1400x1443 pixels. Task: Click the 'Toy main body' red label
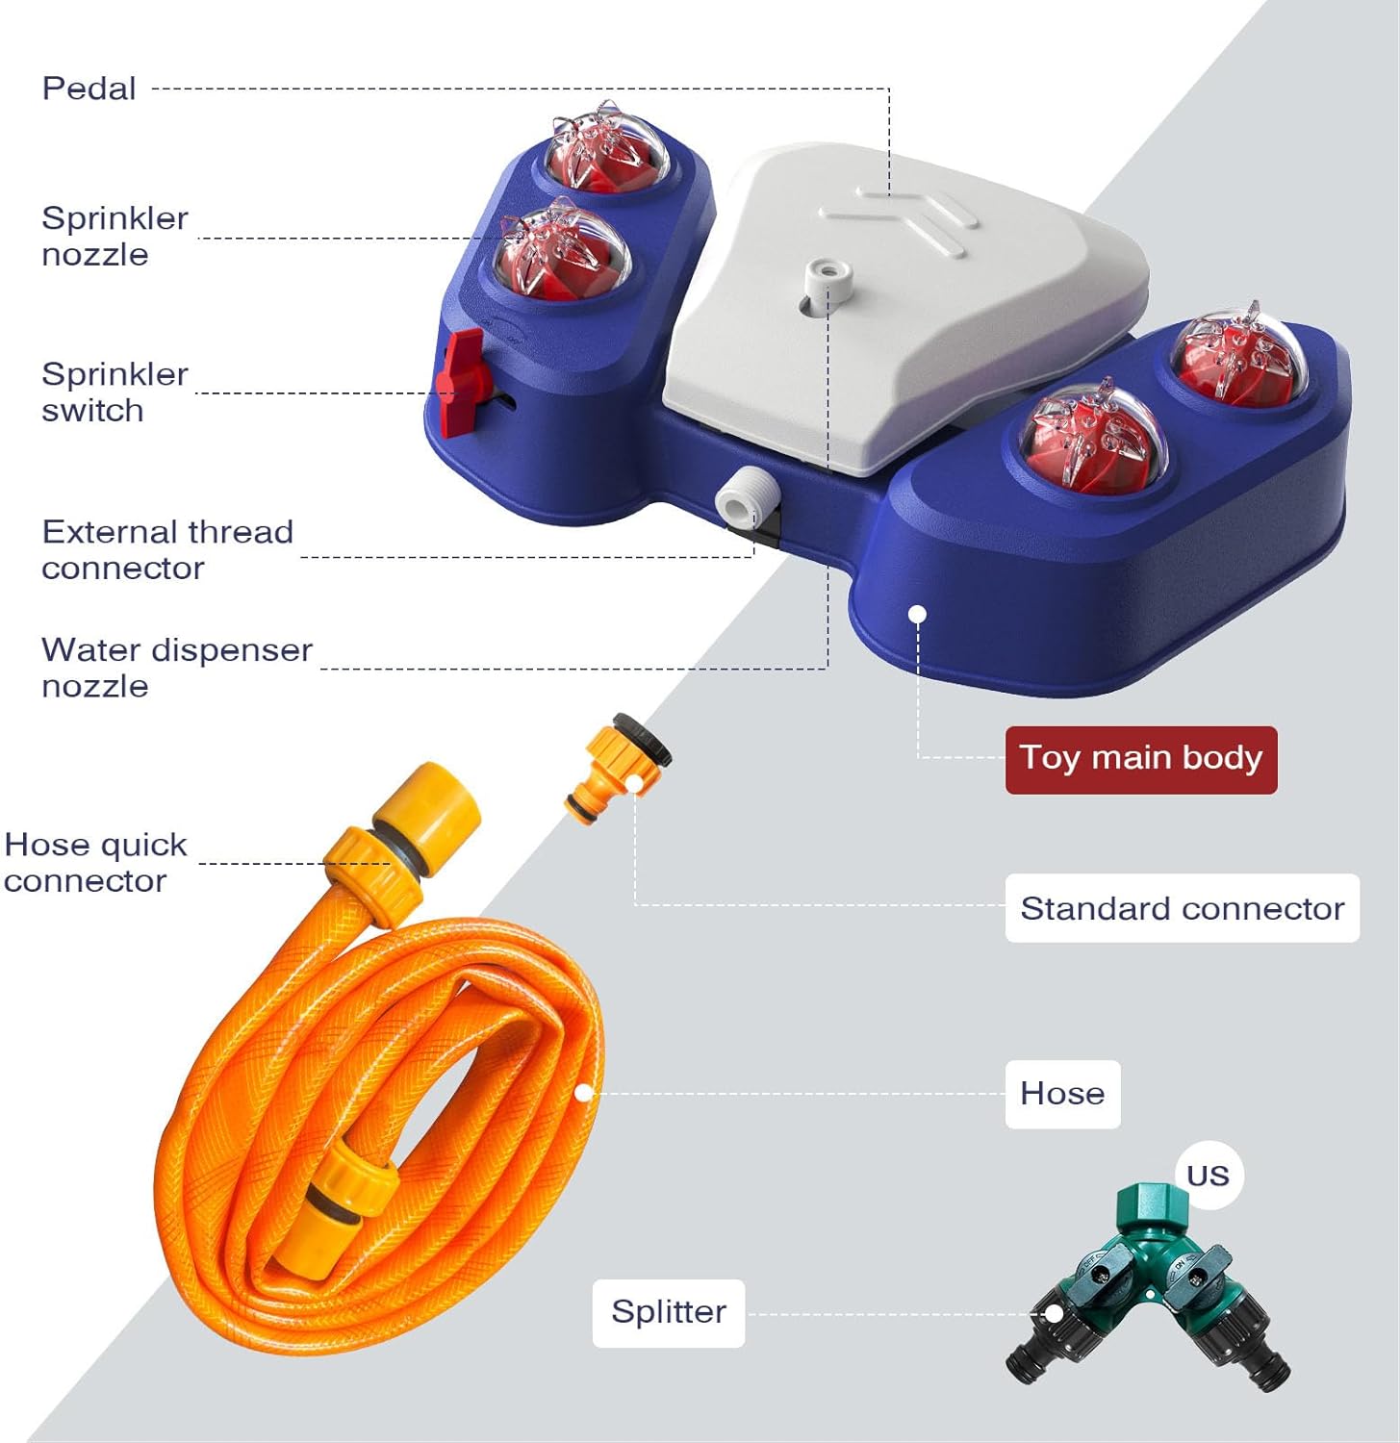click(1140, 759)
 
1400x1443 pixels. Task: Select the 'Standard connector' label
click(1182, 908)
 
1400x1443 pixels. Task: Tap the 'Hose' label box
click(1062, 1094)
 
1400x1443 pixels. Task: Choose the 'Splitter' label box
click(669, 1312)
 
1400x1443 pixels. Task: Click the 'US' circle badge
click(1208, 1175)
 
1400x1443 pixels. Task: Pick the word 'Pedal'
click(89, 89)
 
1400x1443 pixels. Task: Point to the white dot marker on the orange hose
click(583, 1093)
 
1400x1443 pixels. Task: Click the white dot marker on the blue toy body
click(917, 614)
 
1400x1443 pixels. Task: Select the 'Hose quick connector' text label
click(94, 863)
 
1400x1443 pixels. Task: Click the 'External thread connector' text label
click(166, 549)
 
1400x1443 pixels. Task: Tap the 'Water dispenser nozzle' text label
click(176, 668)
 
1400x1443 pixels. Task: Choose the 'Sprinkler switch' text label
click(115, 392)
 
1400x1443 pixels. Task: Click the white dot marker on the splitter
click(1055, 1313)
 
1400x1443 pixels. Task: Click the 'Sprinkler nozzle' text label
click(115, 236)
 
